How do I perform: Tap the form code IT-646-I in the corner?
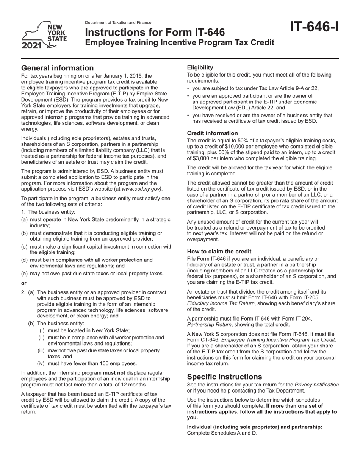coord(314,28)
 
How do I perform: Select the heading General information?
coord(57,68)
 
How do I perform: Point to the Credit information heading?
coord(213,133)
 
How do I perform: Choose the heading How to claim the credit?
coord(219,251)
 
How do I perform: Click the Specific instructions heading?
coord(224,377)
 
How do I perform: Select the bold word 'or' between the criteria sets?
coord(24,283)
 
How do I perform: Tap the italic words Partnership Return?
coord(208,324)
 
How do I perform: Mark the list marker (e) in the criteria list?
coord(24,274)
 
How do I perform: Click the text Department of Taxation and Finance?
coord(118,23)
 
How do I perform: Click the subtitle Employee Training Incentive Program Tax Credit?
coord(179,43)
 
